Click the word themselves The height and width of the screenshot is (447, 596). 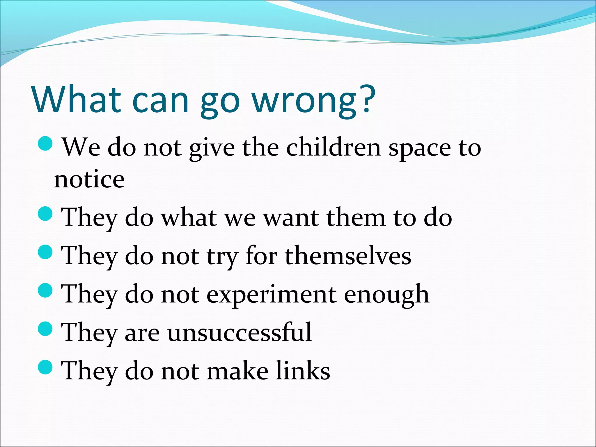pyautogui.click(x=348, y=256)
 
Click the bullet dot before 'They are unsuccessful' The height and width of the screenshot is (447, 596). pyautogui.click(x=45, y=328)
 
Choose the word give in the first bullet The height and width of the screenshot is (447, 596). pyautogui.click(x=212, y=148)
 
